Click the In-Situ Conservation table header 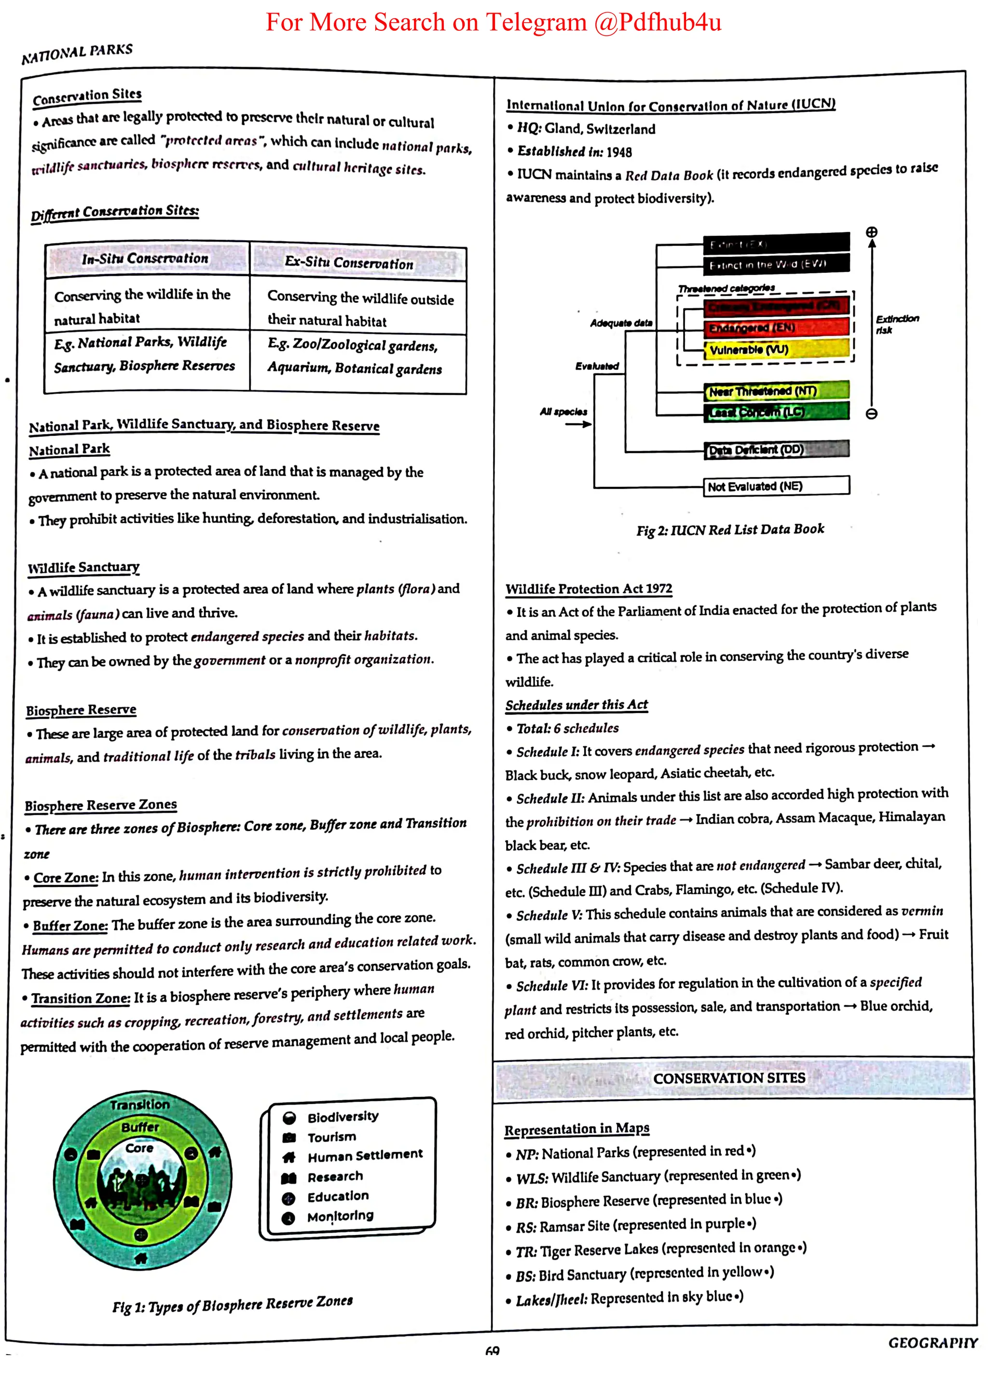pyautogui.click(x=146, y=258)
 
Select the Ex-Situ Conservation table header pyautogui.click(x=349, y=263)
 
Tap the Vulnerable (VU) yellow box pyautogui.click(x=776, y=349)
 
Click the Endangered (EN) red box pyautogui.click(x=776, y=327)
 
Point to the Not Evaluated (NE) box pyautogui.click(x=776, y=486)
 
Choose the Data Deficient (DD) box pyautogui.click(x=776, y=450)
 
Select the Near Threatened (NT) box pyautogui.click(x=776, y=390)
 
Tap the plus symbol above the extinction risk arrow pyautogui.click(x=872, y=232)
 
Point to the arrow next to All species pyautogui.click(x=578, y=424)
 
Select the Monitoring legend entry pyautogui.click(x=340, y=1216)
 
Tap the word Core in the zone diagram pyautogui.click(x=139, y=1147)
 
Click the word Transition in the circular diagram pyautogui.click(x=140, y=1104)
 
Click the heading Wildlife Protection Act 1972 pyautogui.click(x=589, y=589)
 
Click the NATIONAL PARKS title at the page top pyautogui.click(x=77, y=53)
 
